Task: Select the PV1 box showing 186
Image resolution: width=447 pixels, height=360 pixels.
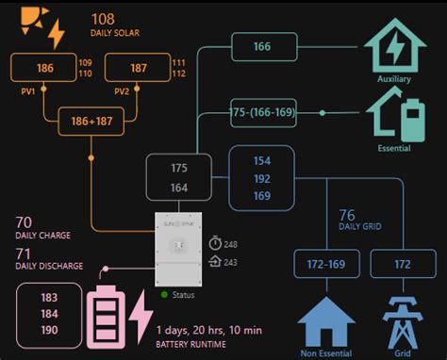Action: click(x=44, y=68)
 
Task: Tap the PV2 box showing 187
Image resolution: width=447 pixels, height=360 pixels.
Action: click(x=137, y=68)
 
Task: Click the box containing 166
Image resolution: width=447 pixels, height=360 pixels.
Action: click(x=262, y=46)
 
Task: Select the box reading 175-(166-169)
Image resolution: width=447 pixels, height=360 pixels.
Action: click(x=263, y=112)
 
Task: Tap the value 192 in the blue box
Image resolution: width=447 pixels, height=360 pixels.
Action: click(x=261, y=179)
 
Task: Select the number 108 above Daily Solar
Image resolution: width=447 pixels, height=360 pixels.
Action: click(x=103, y=18)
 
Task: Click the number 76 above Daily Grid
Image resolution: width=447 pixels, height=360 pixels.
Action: click(x=346, y=216)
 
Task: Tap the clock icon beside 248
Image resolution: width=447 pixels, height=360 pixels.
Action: click(x=215, y=244)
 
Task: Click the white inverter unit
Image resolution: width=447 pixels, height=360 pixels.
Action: click(x=178, y=250)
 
